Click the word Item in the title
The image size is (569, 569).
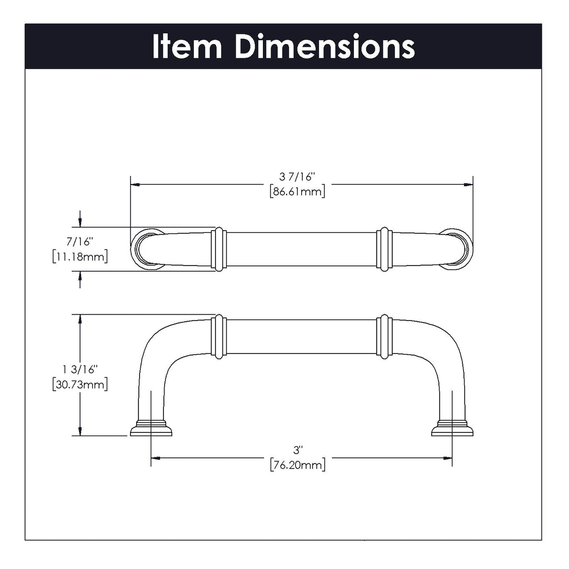(x=187, y=47)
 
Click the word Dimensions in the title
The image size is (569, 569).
(x=325, y=47)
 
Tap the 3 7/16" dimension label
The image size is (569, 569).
(x=297, y=177)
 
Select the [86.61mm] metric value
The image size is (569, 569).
(x=297, y=192)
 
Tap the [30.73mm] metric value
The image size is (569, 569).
(x=79, y=384)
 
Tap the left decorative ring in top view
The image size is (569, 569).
(x=219, y=249)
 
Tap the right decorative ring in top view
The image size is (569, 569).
(x=383, y=249)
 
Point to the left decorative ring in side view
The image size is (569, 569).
(x=219, y=337)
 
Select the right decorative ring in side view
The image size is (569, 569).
(x=383, y=337)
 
